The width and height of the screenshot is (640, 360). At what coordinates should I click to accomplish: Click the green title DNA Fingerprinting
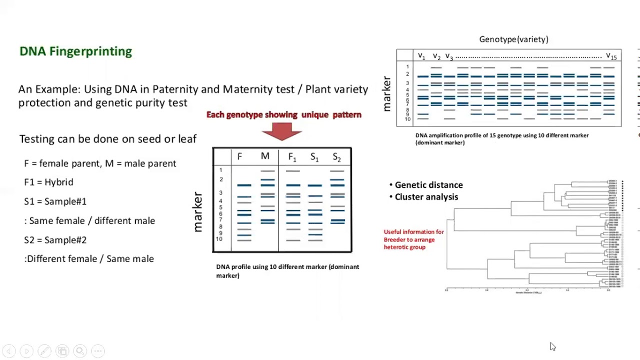(75, 51)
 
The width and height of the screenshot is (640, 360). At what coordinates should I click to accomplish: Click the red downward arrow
(281, 130)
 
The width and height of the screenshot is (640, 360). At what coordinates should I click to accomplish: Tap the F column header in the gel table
(239, 157)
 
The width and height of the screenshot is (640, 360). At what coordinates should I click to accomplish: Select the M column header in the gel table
(265, 156)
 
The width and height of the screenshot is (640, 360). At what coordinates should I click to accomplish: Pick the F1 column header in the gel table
(292, 157)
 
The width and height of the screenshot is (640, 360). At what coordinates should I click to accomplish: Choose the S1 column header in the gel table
(314, 157)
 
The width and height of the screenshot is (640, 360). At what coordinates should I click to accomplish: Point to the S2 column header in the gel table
(336, 157)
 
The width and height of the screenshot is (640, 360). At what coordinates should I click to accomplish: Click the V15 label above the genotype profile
(611, 56)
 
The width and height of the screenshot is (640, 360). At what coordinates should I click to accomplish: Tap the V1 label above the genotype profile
(421, 56)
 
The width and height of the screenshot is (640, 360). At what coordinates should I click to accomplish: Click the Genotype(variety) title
(513, 39)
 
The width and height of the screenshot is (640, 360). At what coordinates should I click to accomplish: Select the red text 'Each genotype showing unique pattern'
(283, 115)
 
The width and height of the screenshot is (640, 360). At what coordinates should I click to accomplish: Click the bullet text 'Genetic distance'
(428, 185)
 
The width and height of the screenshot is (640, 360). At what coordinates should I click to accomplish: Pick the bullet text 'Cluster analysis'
(426, 197)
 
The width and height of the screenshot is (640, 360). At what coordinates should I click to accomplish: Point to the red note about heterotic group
(413, 239)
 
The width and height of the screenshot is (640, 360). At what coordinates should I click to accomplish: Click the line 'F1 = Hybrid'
(48, 182)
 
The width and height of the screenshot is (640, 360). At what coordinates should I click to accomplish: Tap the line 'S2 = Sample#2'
(55, 240)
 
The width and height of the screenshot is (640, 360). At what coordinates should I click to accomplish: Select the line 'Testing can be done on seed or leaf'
(107, 139)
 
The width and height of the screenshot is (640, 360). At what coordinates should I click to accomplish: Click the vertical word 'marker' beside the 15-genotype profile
(386, 93)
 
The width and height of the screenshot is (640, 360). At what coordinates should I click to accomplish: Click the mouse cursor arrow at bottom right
(552, 346)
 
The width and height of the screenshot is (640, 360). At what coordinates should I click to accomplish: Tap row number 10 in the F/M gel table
(219, 239)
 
